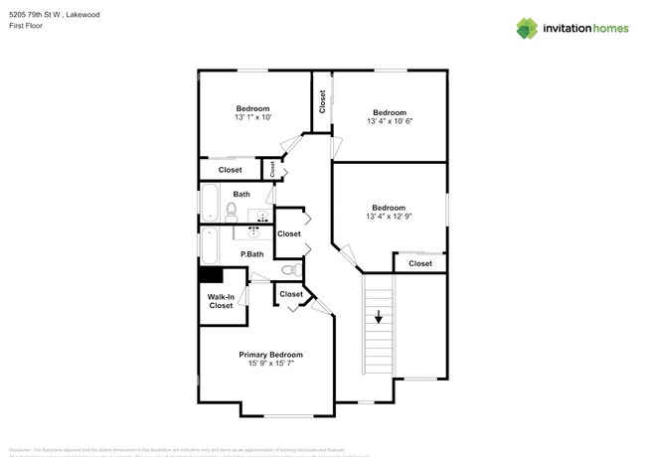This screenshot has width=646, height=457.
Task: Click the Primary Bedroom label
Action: pyautogui.click(x=270, y=355)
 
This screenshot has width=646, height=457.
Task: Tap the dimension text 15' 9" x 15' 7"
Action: pyautogui.click(x=270, y=364)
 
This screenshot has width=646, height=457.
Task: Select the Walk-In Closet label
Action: pyautogui.click(x=221, y=301)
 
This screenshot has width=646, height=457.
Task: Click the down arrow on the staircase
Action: pyautogui.click(x=379, y=319)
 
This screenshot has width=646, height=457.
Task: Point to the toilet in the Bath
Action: pyautogui.click(x=231, y=210)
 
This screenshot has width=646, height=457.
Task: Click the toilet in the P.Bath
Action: pyautogui.click(x=288, y=269)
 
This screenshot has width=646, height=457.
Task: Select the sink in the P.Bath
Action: pyautogui.click(x=255, y=231)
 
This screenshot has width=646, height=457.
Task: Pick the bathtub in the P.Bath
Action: pyautogui.click(x=210, y=245)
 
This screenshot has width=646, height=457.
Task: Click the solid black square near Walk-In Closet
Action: pyautogui.click(x=210, y=278)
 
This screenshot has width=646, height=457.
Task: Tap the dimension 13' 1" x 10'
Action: pyautogui.click(x=252, y=117)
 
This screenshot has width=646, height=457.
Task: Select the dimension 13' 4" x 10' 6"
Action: pyautogui.click(x=390, y=121)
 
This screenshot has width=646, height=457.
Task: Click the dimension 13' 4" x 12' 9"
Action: pyautogui.click(x=389, y=217)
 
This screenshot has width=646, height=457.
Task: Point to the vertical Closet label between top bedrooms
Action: pyautogui.click(x=322, y=100)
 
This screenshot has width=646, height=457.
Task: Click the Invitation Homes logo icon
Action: pyautogui.click(x=526, y=29)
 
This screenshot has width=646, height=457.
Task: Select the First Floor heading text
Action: pyautogui.click(x=26, y=27)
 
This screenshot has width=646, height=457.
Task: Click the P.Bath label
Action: pyautogui.click(x=253, y=254)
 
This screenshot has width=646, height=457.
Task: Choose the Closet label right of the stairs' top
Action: pyautogui.click(x=420, y=263)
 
